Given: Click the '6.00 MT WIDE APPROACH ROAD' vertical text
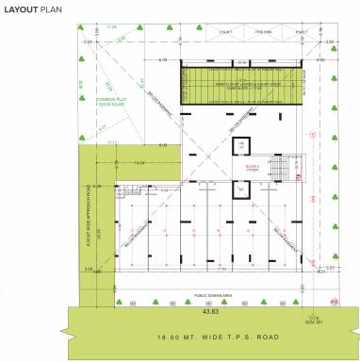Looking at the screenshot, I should point(88,226).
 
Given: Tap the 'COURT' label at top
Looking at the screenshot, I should point(226,32).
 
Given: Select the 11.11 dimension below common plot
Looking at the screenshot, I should point(113,141).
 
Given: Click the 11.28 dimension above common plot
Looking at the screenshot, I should point(111,27).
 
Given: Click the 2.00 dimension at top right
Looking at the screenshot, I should point(329,41).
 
